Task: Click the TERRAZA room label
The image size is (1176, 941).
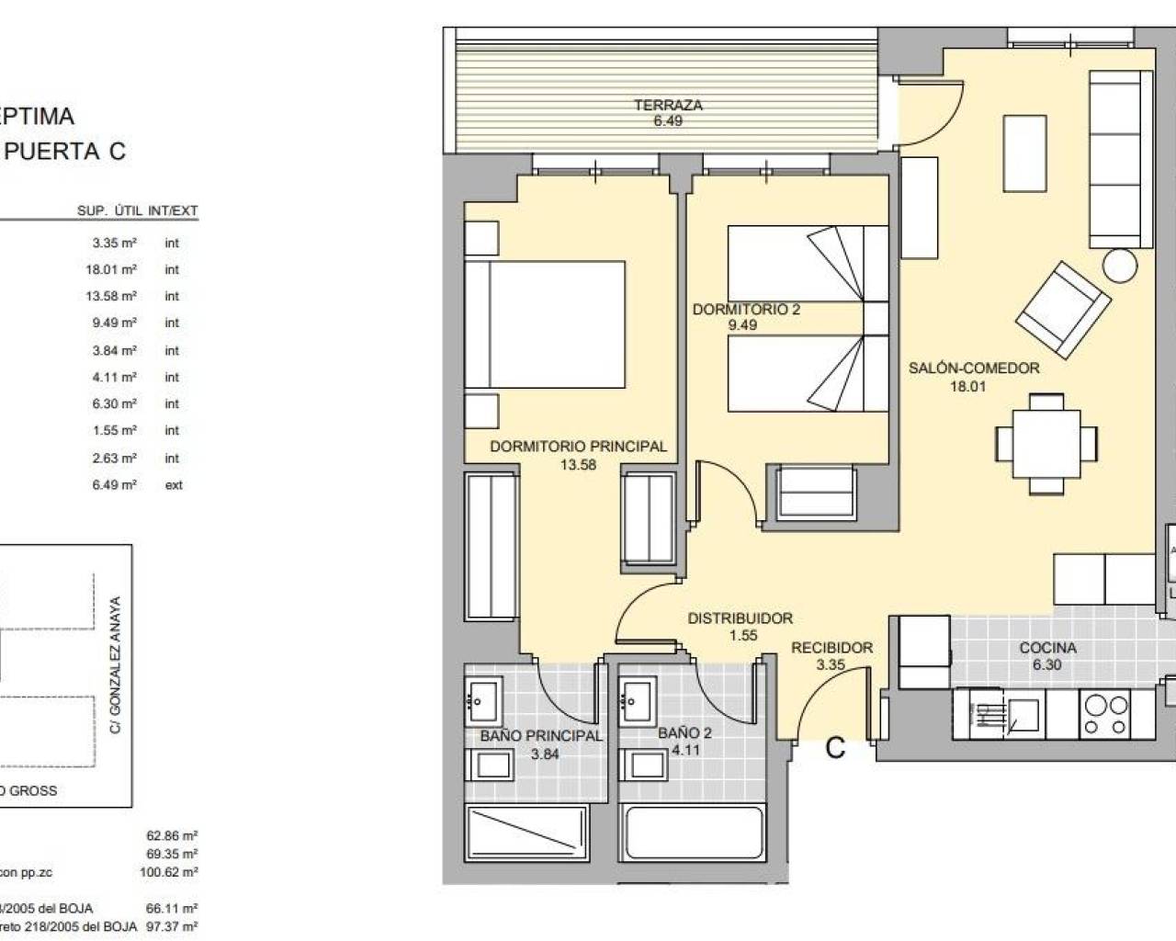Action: (668, 112)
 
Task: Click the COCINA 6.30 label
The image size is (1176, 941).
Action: (1047, 656)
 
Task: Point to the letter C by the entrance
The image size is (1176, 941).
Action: (834, 748)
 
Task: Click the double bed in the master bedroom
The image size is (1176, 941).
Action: (546, 326)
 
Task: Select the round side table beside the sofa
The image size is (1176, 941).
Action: (1120, 266)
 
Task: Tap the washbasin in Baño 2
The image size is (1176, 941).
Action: (637, 701)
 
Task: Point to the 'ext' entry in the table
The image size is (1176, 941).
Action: (174, 484)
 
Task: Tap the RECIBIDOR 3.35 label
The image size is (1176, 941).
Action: (831, 656)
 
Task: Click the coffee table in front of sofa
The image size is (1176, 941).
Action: (1024, 153)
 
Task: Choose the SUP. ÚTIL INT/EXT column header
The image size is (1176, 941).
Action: (138, 210)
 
